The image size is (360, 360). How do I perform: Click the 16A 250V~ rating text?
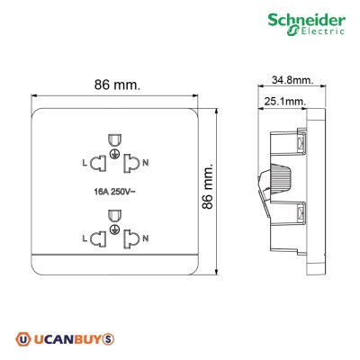pyautogui.click(x=114, y=191)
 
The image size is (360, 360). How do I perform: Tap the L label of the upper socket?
pyautogui.click(x=85, y=162)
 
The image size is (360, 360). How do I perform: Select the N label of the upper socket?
pyautogui.click(x=147, y=162)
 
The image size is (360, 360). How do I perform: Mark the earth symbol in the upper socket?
pyautogui.click(x=114, y=155)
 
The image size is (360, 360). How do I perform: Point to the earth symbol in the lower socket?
pyautogui.click(x=114, y=231)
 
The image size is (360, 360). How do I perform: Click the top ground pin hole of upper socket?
pyautogui.click(x=114, y=139)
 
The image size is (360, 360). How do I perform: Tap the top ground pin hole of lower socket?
pyautogui.click(x=114, y=216)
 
